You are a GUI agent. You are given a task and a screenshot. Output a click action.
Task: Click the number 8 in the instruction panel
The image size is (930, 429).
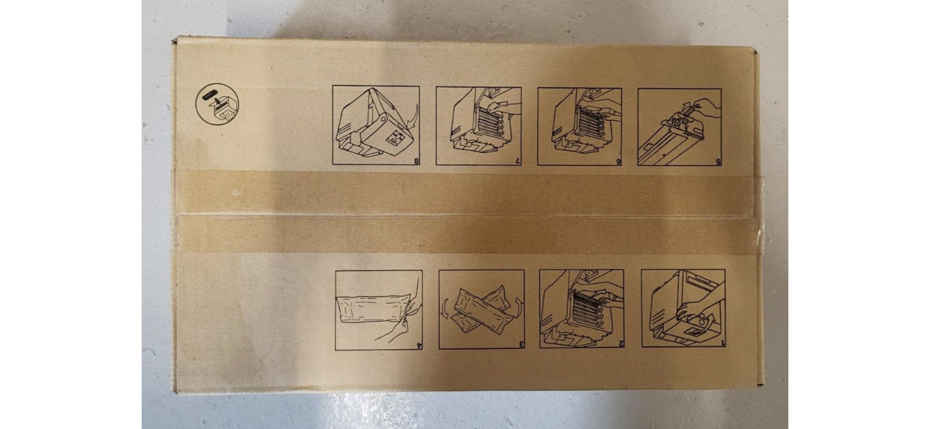pos(416,161)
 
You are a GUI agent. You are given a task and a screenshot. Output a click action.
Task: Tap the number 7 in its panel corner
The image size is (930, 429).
pos(518,161)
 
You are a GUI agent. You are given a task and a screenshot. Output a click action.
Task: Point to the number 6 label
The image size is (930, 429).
pos(619,162)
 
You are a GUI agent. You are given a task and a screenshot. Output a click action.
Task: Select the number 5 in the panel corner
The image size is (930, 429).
pos(718,162)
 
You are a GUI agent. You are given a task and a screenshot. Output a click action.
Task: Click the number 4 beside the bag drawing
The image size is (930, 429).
pos(419,345)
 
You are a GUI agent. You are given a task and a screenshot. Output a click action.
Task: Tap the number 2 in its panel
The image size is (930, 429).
pos(621,343)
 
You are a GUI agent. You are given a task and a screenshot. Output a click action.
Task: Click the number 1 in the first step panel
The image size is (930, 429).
pos(723,342)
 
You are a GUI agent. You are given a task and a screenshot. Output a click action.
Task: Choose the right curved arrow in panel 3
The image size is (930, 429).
pos(519,306)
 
